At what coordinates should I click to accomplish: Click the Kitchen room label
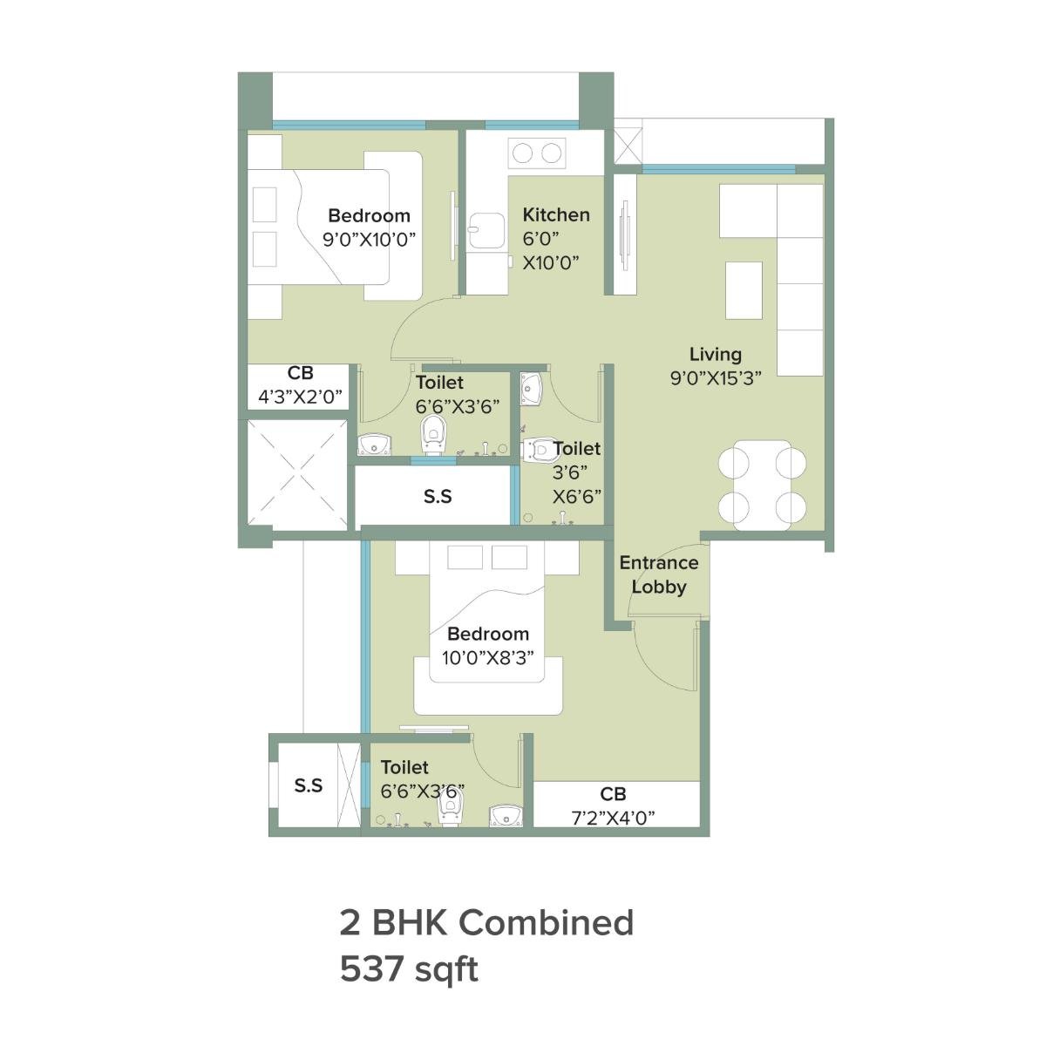click(x=556, y=214)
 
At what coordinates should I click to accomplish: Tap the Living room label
click(x=716, y=354)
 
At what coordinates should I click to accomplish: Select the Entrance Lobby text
click(x=659, y=575)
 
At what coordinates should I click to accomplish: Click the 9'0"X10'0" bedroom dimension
click(x=369, y=240)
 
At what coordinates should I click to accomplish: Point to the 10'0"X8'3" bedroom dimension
click(x=487, y=658)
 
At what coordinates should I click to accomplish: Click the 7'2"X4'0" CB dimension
click(x=613, y=817)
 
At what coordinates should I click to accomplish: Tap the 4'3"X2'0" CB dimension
click(x=300, y=397)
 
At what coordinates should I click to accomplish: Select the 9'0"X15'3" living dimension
click(x=717, y=378)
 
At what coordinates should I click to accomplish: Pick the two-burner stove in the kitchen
click(x=536, y=153)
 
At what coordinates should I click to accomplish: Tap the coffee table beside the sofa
click(x=744, y=290)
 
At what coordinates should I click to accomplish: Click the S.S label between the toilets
click(x=438, y=496)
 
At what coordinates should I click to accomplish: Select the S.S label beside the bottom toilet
click(x=309, y=785)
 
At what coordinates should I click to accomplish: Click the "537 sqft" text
click(x=409, y=968)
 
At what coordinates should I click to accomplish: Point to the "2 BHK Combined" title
click(x=486, y=921)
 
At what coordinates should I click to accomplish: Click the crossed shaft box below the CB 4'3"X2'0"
click(x=295, y=475)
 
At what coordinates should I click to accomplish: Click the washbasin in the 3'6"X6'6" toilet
click(x=532, y=388)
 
